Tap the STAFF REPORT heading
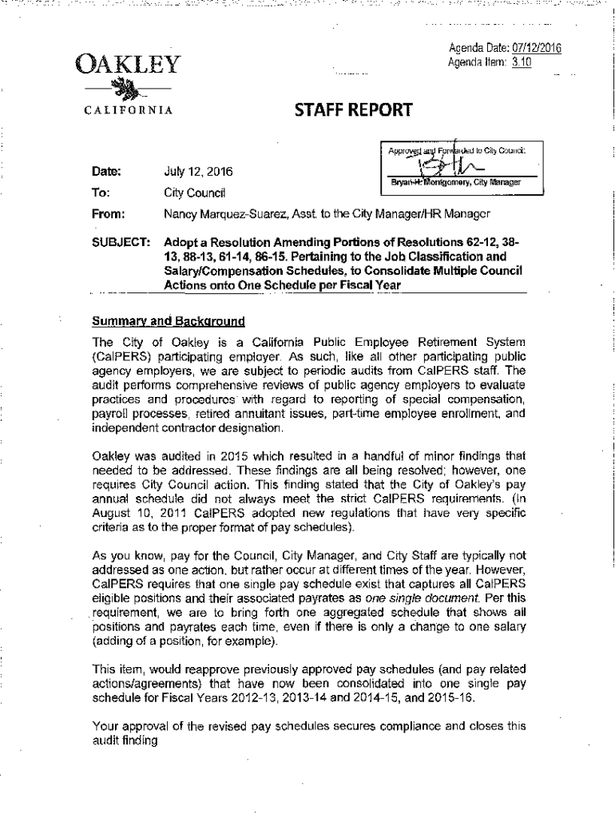346,110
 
